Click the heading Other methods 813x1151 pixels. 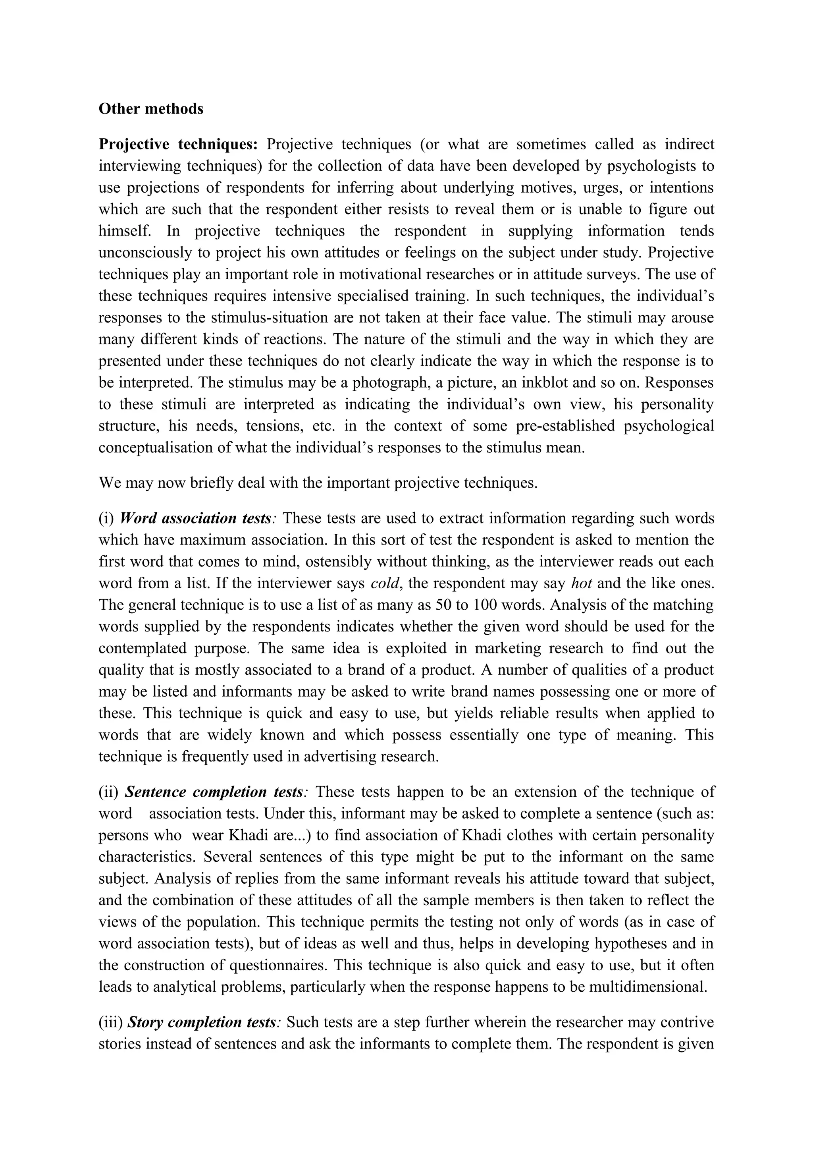pos(151,109)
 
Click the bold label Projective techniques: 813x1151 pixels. pos(178,145)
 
